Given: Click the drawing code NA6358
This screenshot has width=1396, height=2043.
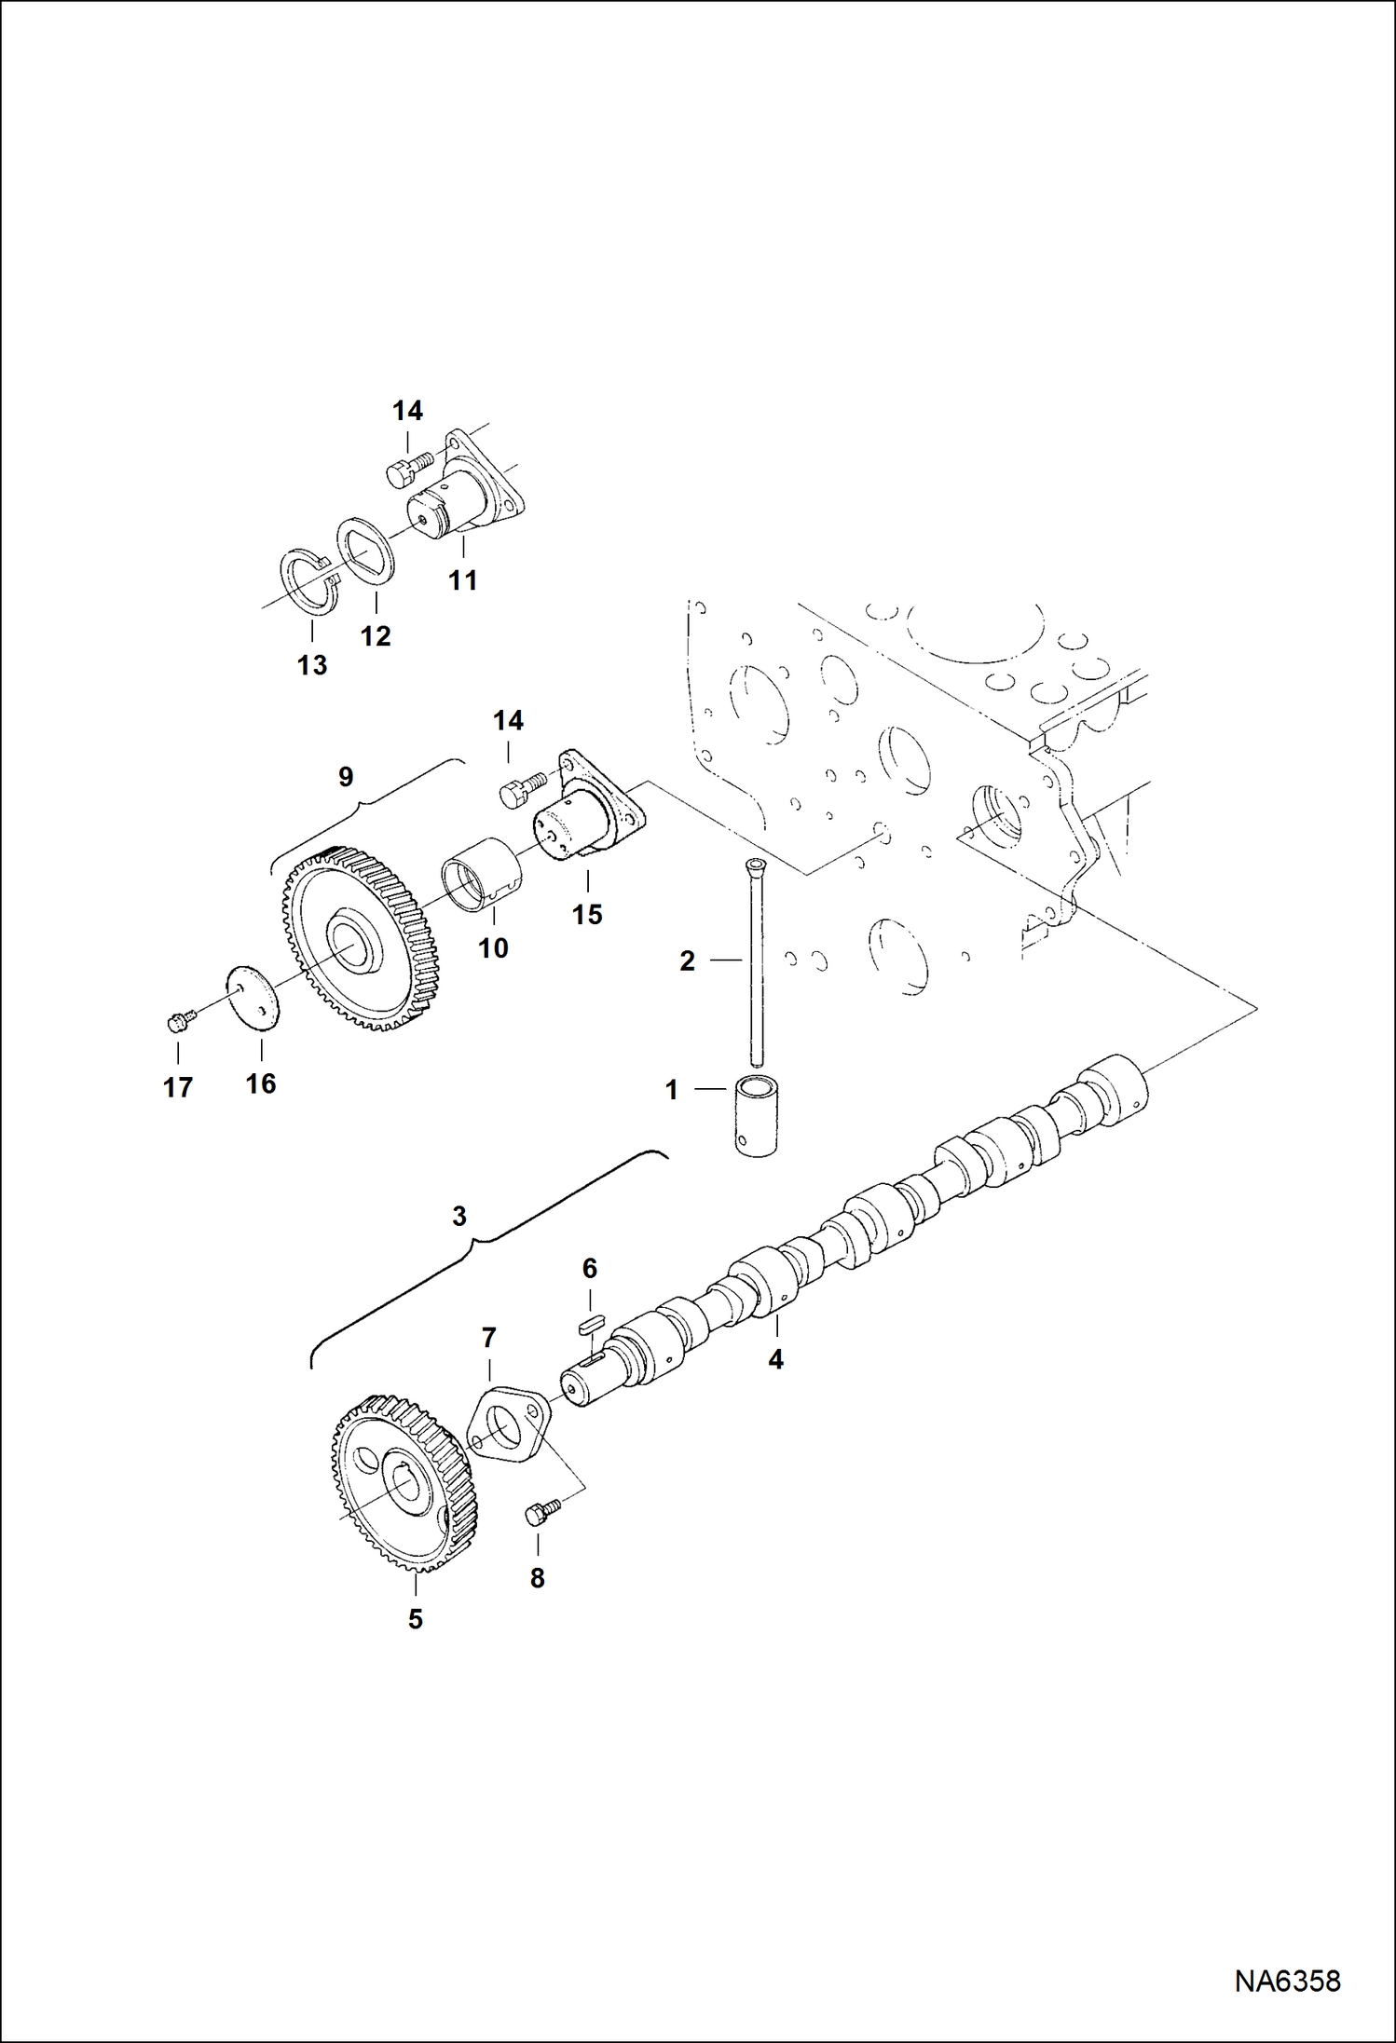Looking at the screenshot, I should pyautogui.click(x=1287, y=1980).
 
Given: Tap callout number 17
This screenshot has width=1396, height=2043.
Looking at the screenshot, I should pyautogui.click(x=177, y=1087).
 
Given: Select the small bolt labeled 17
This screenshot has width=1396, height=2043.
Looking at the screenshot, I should pyautogui.click(x=178, y=1022).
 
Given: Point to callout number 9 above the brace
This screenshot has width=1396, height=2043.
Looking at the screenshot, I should pyautogui.click(x=346, y=776).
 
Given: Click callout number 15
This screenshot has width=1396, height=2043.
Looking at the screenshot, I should pyautogui.click(x=587, y=914).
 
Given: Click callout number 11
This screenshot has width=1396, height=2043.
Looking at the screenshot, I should pyautogui.click(x=462, y=579).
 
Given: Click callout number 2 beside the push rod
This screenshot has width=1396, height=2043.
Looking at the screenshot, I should pyautogui.click(x=687, y=960).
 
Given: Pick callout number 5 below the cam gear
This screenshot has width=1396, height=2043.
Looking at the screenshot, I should pyautogui.click(x=416, y=1619).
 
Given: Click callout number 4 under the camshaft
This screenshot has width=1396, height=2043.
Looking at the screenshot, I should pyautogui.click(x=775, y=1359).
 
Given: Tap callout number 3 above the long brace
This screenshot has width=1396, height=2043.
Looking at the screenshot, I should pyautogui.click(x=458, y=1216).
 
